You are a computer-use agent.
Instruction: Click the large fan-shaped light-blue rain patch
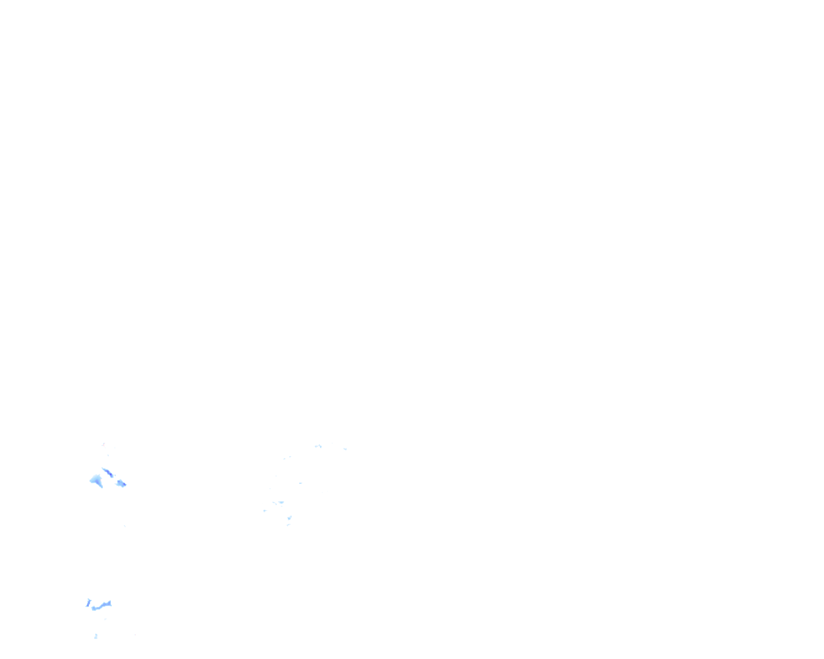[96, 480]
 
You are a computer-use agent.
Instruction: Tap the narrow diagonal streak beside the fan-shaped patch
[107, 472]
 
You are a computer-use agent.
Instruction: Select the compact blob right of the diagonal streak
[121, 483]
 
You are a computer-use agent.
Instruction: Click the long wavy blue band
[102, 606]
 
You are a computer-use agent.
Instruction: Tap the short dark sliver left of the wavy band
[88, 602]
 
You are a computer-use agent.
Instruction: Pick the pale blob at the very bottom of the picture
[96, 636]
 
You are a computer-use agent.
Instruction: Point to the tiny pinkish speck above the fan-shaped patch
[103, 444]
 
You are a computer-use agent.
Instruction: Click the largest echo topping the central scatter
[318, 446]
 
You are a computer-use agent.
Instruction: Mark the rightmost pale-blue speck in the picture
[345, 449]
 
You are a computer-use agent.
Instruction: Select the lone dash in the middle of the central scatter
[300, 483]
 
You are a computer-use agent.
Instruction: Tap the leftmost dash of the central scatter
[265, 510]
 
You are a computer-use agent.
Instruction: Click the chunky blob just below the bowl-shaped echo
[290, 517]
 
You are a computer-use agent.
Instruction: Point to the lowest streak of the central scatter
[288, 524]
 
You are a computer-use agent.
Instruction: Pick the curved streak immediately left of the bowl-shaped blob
[274, 502]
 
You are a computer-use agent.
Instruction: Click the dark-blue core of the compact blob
[123, 484]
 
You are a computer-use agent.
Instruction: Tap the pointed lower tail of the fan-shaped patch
[100, 486]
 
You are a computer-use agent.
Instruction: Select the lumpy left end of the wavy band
[94, 608]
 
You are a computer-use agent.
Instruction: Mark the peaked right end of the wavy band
[109, 603]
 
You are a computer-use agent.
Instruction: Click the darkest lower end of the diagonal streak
[111, 476]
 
